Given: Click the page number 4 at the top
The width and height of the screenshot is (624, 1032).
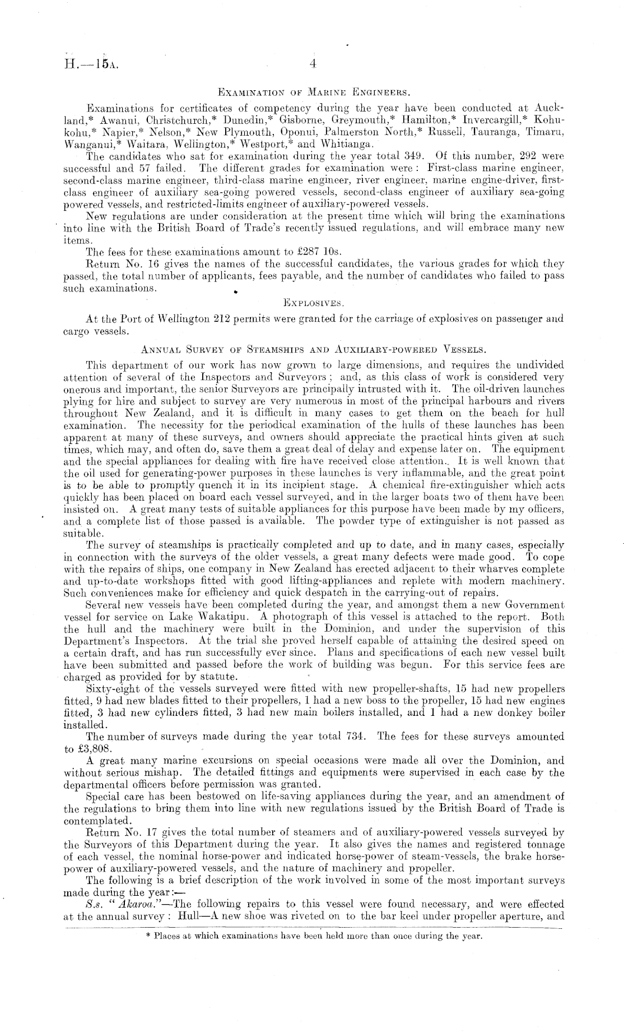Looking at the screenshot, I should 313,64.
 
